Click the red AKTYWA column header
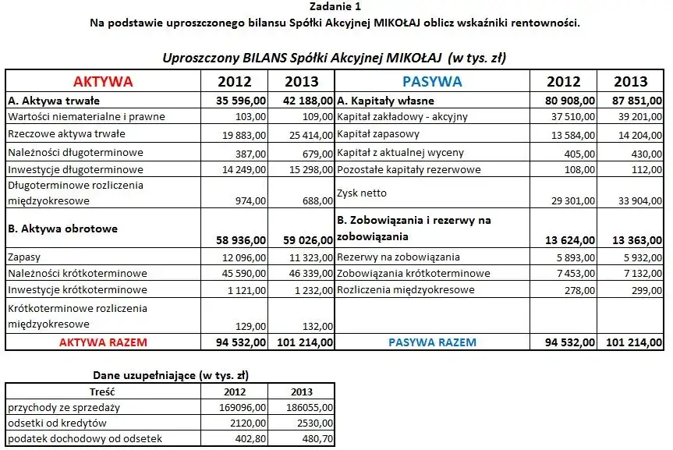pyautogui.click(x=103, y=82)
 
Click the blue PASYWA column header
pyautogui.click(x=432, y=82)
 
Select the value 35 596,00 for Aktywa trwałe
pyautogui.click(x=241, y=101)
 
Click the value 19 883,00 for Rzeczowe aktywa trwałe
pyautogui.click(x=243, y=134)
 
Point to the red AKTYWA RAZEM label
pyautogui.click(x=103, y=342)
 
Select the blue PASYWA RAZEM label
pyautogui.click(x=432, y=342)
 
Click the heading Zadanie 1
pyautogui.click(x=335, y=8)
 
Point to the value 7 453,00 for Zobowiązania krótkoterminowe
pyautogui.click(x=575, y=273)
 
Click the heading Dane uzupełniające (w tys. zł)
pyautogui.click(x=171, y=375)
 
